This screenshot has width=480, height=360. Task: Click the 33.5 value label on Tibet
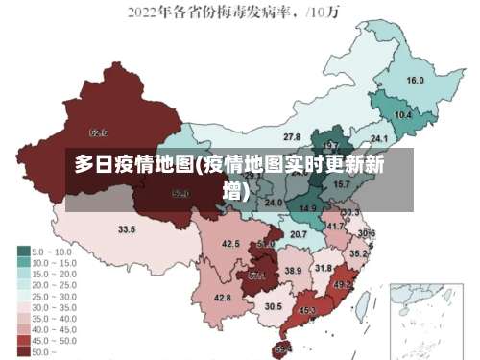tap(127, 230)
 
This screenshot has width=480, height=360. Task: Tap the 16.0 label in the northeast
tap(415, 81)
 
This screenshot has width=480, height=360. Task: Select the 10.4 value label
tap(403, 115)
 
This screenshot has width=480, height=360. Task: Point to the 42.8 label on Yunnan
tap(223, 298)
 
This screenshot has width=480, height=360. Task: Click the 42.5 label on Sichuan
tap(230, 245)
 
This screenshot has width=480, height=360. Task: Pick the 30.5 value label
tap(274, 306)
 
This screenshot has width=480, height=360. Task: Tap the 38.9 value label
tap(293, 272)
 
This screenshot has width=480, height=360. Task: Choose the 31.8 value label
tap(324, 268)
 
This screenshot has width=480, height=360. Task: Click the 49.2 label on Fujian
tap(343, 285)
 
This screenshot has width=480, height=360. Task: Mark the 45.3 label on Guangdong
tap(307, 310)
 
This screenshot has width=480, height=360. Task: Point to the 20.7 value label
tap(299, 234)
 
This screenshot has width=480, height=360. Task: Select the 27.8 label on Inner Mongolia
tap(292, 137)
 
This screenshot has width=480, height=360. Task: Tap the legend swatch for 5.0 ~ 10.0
tap(23, 252)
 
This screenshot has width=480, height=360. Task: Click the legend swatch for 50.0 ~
tap(23, 352)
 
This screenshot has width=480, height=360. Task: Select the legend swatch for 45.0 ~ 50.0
tap(23, 340)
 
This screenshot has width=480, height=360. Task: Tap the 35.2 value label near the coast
tap(357, 254)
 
